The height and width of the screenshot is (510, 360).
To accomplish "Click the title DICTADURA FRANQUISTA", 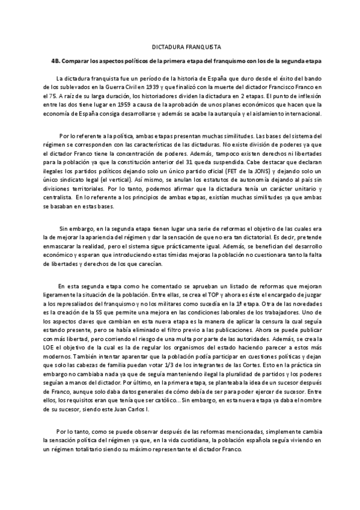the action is (x=180, y=46).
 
